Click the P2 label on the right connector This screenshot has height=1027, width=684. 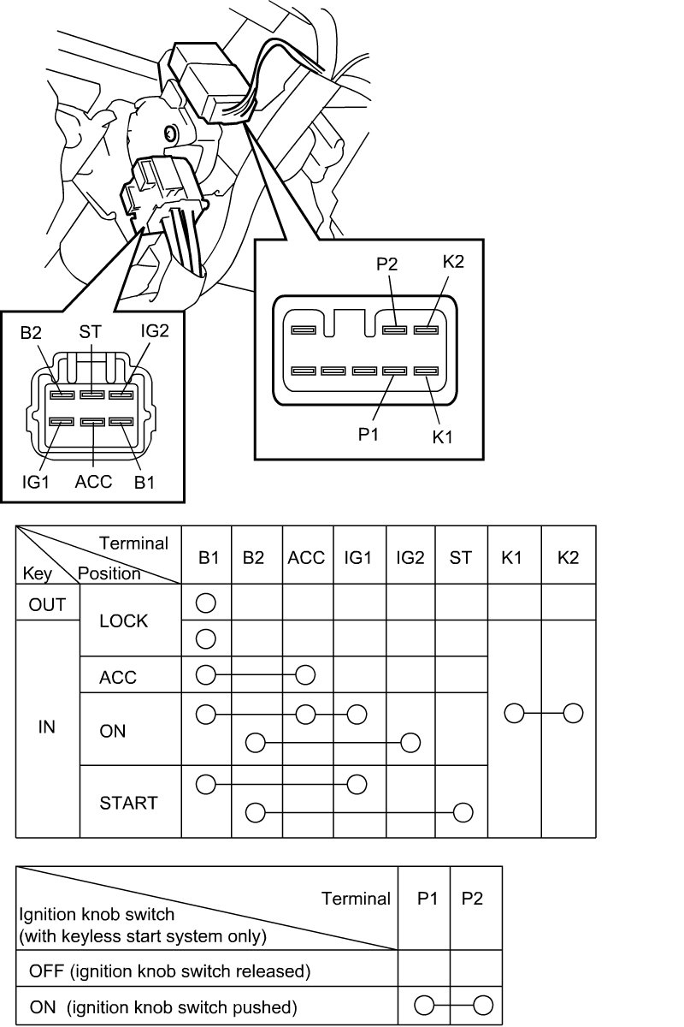click(387, 264)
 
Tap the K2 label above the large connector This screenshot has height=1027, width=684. click(453, 262)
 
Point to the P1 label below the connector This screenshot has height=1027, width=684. click(368, 434)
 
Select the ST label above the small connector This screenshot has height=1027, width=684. click(91, 331)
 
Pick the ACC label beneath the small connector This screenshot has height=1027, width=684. click(93, 482)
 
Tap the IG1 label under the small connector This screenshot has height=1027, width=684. click(37, 482)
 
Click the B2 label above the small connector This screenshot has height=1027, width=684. click(32, 331)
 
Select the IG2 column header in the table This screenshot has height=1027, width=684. click(410, 558)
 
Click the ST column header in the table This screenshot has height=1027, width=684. click(461, 558)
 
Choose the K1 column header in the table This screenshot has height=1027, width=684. click(512, 558)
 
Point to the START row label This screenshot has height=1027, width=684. click(128, 803)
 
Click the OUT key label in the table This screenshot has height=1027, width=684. click(47, 604)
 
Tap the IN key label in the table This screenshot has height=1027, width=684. click(47, 727)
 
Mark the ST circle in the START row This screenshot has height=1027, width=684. click(463, 811)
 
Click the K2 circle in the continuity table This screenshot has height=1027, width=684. click(573, 713)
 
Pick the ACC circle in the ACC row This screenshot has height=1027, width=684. click(305, 675)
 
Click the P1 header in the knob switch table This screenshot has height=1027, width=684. click(427, 899)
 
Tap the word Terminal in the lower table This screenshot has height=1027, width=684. click(356, 899)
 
